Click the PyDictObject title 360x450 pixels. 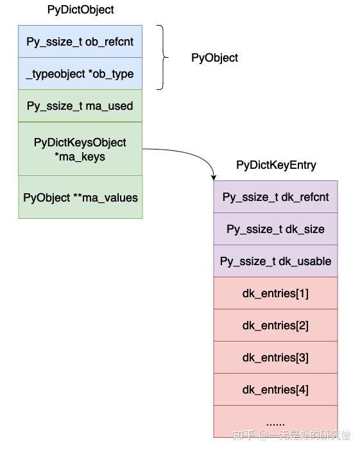tap(80, 10)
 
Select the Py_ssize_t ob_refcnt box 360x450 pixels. tap(80, 42)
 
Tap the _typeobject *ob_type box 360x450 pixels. tap(80, 74)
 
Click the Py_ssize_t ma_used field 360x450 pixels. tap(80, 106)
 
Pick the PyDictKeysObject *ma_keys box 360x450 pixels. tap(80, 149)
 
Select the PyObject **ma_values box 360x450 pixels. tap(80, 198)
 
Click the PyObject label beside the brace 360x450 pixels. tap(214, 58)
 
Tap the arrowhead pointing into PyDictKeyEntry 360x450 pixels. tap(214, 177)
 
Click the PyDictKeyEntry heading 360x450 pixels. tap(276, 165)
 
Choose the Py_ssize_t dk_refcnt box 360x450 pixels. tap(275, 197)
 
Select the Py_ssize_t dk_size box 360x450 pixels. tap(275, 229)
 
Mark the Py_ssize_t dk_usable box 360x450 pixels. tap(275, 261)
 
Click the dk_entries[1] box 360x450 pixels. tap(275, 293)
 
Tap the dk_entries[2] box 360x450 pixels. tap(275, 325)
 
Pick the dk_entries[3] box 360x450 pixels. tap(275, 358)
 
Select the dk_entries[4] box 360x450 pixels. tap(275, 390)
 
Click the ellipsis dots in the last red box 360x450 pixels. tap(275, 422)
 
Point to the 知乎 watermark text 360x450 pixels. tap(243, 435)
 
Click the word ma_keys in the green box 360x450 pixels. tap(80, 157)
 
